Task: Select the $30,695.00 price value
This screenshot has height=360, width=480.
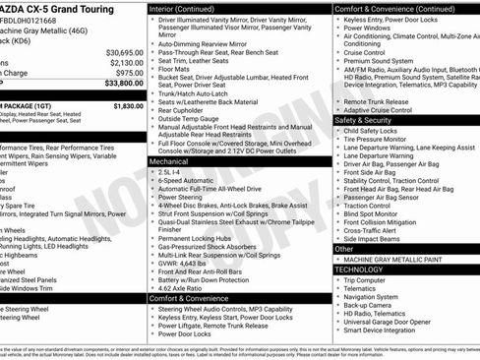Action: [x=124, y=51]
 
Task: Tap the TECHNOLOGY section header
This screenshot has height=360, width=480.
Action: [x=359, y=269]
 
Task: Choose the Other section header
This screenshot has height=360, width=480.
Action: [x=343, y=249]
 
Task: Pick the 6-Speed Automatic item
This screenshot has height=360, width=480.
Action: [x=184, y=180]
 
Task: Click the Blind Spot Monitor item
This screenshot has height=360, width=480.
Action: [x=371, y=213]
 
